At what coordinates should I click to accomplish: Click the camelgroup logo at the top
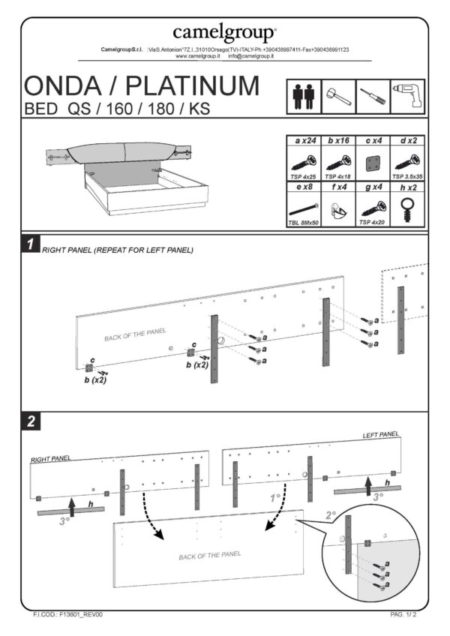point(224,32)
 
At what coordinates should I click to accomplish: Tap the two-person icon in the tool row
point(304,97)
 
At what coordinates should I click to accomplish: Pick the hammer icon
point(338,97)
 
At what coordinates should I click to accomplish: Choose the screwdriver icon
point(373,97)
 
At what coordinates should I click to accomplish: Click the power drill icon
point(407,97)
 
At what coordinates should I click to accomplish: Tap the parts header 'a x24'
point(304,140)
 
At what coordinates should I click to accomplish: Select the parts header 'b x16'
point(339,140)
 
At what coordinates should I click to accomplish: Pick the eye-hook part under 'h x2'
point(408,206)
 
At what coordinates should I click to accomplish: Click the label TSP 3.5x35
point(408,175)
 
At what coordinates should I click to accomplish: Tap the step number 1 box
point(30,244)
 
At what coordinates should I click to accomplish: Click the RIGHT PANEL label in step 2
point(50,458)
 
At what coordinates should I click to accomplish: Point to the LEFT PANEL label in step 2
point(381,434)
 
